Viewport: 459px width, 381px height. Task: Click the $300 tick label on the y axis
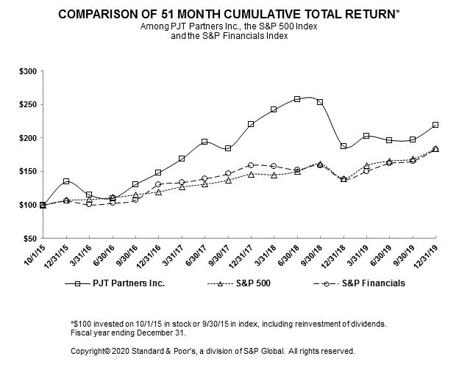click(x=28, y=71)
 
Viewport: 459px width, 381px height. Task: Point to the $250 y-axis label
click(x=28, y=105)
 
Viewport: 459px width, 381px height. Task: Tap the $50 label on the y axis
click(x=30, y=239)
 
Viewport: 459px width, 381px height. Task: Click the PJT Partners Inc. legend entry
click(x=118, y=283)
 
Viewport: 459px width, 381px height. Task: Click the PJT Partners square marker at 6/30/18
click(x=297, y=98)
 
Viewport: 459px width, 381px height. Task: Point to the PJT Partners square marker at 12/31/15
click(x=66, y=181)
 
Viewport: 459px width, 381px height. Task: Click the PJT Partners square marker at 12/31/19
click(x=435, y=125)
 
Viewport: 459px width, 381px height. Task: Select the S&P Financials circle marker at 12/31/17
click(x=251, y=165)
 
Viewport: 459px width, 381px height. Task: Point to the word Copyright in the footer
click(x=90, y=351)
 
